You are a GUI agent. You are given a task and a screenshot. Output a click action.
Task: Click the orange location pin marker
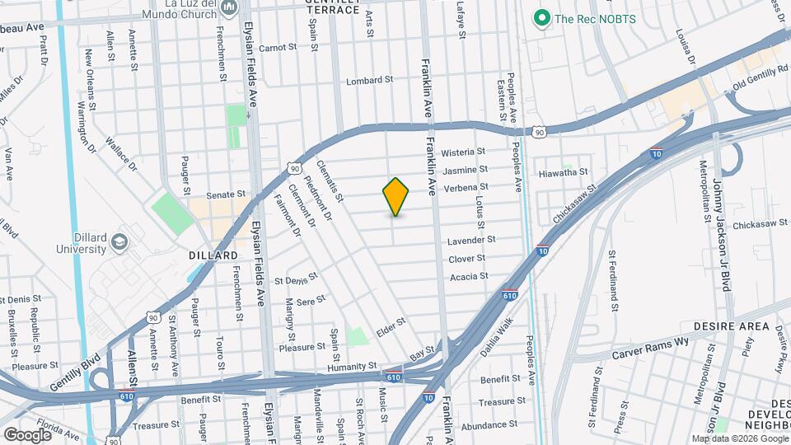click(x=396, y=196)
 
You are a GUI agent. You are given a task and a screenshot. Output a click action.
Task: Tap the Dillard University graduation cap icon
click(x=119, y=241)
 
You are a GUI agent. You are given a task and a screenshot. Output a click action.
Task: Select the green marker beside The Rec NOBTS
click(x=541, y=17)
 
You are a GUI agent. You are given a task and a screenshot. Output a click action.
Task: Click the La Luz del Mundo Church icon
click(x=229, y=8)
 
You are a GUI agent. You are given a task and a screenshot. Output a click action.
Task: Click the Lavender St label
click(x=471, y=241)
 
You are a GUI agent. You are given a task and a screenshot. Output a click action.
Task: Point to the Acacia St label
click(x=469, y=276)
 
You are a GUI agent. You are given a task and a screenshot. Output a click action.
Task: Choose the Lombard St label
click(x=369, y=81)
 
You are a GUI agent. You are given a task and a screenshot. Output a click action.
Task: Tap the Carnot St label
click(x=278, y=48)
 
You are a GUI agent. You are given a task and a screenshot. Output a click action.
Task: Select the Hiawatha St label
click(x=562, y=172)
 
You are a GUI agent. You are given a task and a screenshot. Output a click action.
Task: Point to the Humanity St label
click(x=351, y=364)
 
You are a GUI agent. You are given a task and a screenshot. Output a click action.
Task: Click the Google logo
click(x=27, y=434)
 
